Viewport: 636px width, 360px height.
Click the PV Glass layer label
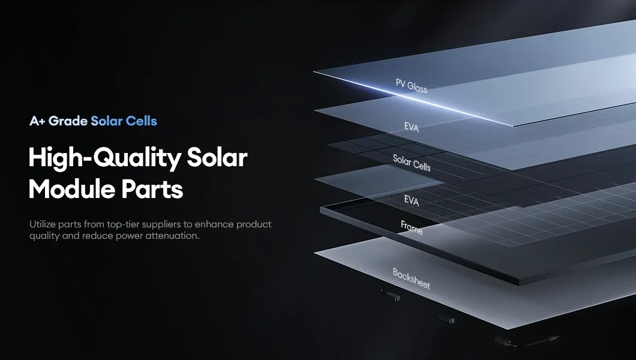pos(411,86)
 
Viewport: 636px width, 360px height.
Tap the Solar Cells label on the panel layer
pos(412,162)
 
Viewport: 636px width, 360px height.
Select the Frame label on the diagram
pos(412,227)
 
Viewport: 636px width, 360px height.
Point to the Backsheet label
pos(412,279)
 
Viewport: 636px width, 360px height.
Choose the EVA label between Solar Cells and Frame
pos(412,200)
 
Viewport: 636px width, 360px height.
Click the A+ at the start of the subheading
pos(37,121)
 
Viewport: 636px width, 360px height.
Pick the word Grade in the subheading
pos(68,121)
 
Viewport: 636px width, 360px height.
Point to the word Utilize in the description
pos(43,224)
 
